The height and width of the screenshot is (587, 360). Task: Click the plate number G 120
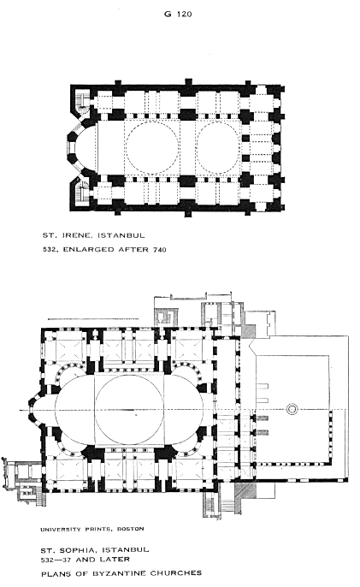(178, 15)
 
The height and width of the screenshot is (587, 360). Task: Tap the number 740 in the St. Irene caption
(159, 250)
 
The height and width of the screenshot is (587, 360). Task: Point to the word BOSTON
(131, 529)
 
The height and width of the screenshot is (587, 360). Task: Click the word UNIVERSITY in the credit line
(61, 530)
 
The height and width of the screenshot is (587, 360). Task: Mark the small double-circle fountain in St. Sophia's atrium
(292, 409)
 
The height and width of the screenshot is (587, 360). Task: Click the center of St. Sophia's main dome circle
(129, 410)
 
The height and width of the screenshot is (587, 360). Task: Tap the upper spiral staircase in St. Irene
(81, 99)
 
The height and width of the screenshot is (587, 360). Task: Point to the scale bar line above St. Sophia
(93, 319)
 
